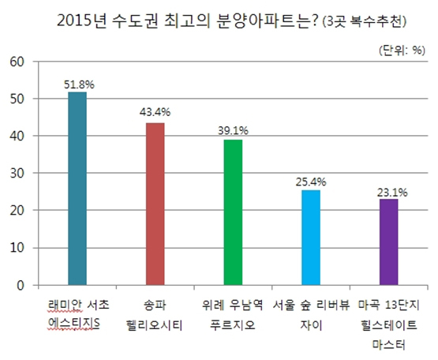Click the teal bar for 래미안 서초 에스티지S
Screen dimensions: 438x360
tap(77, 189)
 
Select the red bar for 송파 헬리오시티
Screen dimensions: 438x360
tap(155, 204)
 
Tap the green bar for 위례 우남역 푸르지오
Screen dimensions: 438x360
tap(234, 212)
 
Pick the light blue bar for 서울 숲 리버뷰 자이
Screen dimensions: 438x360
tap(311, 238)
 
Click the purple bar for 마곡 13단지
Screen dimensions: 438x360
tap(388, 242)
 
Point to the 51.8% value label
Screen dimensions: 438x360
tap(80, 84)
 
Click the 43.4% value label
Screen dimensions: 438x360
tap(155, 112)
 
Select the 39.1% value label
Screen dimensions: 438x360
tap(233, 130)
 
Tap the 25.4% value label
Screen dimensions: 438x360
tap(311, 182)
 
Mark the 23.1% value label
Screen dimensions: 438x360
tap(392, 193)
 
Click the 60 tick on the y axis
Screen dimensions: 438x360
tap(17, 62)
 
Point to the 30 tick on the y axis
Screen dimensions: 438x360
tap(17, 174)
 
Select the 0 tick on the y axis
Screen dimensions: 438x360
tap(21, 285)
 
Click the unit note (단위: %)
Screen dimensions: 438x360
tap(402, 51)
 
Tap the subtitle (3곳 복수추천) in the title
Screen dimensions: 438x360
tap(364, 22)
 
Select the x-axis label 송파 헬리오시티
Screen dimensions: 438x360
tap(155, 315)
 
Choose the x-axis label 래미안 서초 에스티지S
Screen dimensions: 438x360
tap(78, 315)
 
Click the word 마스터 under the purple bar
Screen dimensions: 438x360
tap(388, 344)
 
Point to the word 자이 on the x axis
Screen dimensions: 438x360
tap(311, 325)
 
